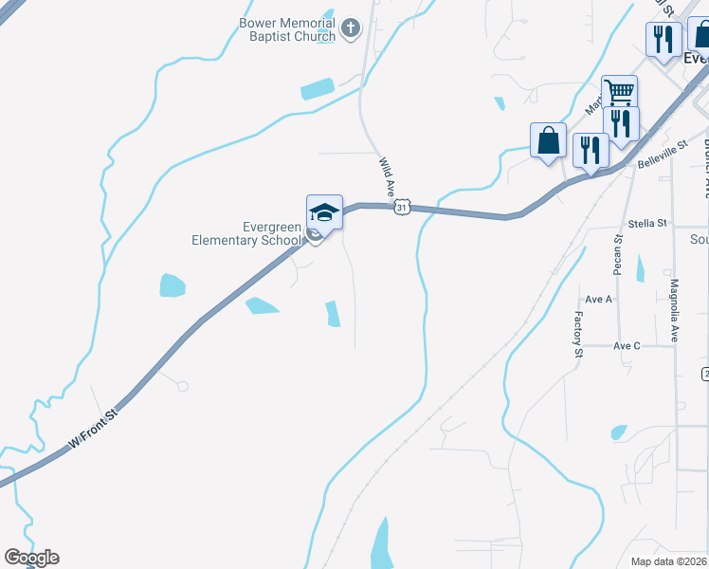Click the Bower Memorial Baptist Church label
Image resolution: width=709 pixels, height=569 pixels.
(x=287, y=29)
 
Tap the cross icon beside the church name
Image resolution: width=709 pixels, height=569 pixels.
(x=351, y=28)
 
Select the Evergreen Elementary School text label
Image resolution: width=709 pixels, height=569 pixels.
(x=245, y=233)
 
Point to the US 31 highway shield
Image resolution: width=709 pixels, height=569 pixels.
(x=402, y=207)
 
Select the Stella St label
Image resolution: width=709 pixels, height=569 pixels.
(x=648, y=224)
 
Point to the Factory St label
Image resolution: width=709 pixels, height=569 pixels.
(x=577, y=334)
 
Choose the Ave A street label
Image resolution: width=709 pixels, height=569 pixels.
(x=599, y=300)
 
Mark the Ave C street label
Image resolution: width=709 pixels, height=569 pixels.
(x=627, y=346)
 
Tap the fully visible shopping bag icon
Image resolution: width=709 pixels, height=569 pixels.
(x=548, y=140)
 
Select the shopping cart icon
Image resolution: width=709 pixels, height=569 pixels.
(x=619, y=93)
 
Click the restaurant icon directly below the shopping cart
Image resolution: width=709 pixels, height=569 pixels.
(x=620, y=123)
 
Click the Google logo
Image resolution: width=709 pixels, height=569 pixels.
(x=31, y=558)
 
